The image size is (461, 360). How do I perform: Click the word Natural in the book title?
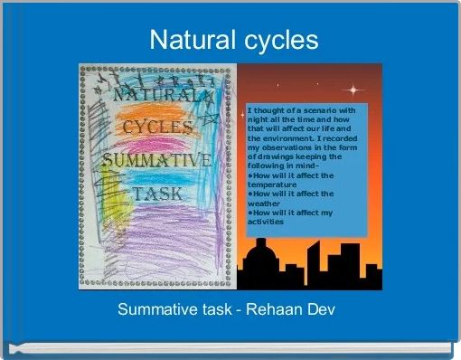pos(185,41)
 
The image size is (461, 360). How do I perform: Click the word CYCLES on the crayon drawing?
pos(152,128)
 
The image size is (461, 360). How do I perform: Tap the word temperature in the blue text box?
pos(272,185)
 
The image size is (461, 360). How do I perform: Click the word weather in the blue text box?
pos(263,204)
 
